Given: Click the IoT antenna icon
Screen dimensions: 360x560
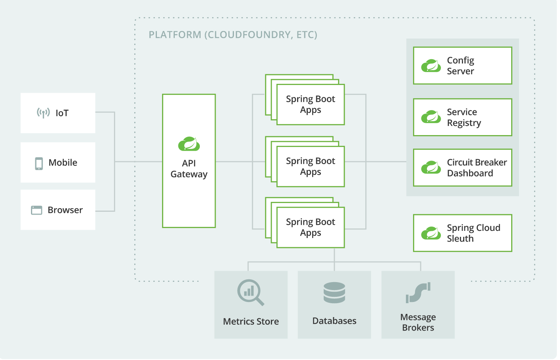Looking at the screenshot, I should pyautogui.click(x=43, y=113).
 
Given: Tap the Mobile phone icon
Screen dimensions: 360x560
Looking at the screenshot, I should pyautogui.click(x=39, y=163).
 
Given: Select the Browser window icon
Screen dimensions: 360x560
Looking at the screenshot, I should pyautogui.click(x=37, y=210).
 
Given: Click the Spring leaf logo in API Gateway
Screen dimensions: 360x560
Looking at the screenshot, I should pyautogui.click(x=189, y=144).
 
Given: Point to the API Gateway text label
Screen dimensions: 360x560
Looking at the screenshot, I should pyautogui.click(x=189, y=169).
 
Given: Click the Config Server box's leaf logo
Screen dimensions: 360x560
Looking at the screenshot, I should pyautogui.click(x=431, y=66).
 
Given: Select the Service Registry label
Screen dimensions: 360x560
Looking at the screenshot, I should pyautogui.click(x=464, y=118).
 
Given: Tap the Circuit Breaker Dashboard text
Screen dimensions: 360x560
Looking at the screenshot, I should pyautogui.click(x=477, y=168).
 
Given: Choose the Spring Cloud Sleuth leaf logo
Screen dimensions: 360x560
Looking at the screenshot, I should pyautogui.click(x=431, y=233).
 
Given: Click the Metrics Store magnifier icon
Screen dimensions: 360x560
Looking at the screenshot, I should pyautogui.click(x=250, y=292).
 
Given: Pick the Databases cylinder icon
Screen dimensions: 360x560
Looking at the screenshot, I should pyautogui.click(x=334, y=293).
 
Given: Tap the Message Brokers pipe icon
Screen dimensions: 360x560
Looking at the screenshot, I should pyautogui.click(x=418, y=293).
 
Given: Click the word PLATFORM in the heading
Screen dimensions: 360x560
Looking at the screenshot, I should pyautogui.click(x=175, y=35).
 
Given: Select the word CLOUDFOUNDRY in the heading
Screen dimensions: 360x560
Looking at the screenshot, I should pyautogui.click(x=249, y=35).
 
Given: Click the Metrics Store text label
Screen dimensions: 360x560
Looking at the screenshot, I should pyautogui.click(x=251, y=321).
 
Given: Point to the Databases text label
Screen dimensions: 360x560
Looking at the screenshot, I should pyautogui.click(x=334, y=321).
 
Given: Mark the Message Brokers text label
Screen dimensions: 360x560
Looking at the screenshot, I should pyautogui.click(x=418, y=322).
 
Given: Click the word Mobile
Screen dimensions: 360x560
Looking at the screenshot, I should pyautogui.click(x=63, y=163).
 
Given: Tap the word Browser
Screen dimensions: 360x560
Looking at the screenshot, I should pyautogui.click(x=65, y=210).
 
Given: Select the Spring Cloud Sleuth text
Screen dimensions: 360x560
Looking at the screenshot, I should pyautogui.click(x=473, y=233).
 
